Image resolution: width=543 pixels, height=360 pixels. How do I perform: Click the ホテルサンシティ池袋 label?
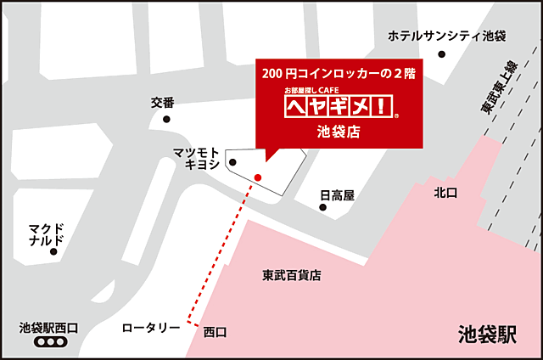(x=446, y=37)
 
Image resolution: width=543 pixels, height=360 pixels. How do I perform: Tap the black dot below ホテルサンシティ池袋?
(x=441, y=55)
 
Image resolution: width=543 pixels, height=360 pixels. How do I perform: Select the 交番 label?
(x=162, y=103)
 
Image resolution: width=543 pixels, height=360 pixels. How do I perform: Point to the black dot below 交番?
(x=166, y=120)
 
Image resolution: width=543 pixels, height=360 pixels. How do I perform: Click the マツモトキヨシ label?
(x=197, y=158)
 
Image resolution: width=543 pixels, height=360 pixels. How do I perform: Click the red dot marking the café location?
(x=258, y=177)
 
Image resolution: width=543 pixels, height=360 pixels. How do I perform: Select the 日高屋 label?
(x=337, y=195)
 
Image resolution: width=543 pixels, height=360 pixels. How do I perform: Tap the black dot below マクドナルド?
(x=53, y=251)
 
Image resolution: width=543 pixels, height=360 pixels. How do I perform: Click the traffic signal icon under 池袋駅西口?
(x=48, y=342)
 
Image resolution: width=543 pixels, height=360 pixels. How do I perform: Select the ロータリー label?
(x=151, y=327)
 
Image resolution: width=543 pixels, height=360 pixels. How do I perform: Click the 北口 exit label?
(x=445, y=194)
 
